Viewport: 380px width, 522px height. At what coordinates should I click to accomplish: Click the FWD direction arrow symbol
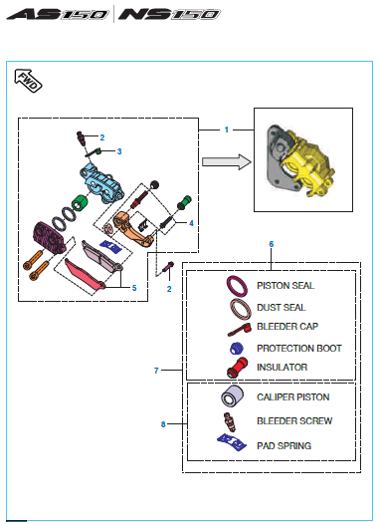point(28,81)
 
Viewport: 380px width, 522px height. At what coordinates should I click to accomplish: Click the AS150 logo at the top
point(58,14)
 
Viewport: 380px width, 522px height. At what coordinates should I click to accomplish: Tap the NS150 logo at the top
point(169,14)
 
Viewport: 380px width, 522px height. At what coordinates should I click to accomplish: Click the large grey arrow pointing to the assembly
point(227,161)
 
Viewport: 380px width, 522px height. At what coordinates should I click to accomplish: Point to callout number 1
point(227,130)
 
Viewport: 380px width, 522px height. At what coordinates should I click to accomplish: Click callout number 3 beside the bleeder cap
point(119,151)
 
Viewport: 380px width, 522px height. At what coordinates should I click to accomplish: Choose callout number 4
point(191,223)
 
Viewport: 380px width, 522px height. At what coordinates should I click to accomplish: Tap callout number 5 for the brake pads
point(134,288)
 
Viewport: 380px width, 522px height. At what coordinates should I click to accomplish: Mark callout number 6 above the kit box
point(272,244)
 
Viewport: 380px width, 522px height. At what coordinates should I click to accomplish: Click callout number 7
point(156,371)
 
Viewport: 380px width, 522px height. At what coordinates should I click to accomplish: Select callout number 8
point(163,424)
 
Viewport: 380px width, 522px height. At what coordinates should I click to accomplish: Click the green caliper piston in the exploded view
point(80,202)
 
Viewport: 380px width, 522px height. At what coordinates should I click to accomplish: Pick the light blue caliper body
point(101,183)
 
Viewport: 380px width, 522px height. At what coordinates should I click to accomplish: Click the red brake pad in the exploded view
point(85,274)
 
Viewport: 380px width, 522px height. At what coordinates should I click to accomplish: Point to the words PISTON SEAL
point(285,286)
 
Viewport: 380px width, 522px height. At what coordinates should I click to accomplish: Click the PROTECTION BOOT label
point(299,349)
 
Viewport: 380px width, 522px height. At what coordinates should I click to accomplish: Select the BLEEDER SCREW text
point(294,420)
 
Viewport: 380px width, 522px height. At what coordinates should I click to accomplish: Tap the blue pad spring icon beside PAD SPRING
point(232,442)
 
